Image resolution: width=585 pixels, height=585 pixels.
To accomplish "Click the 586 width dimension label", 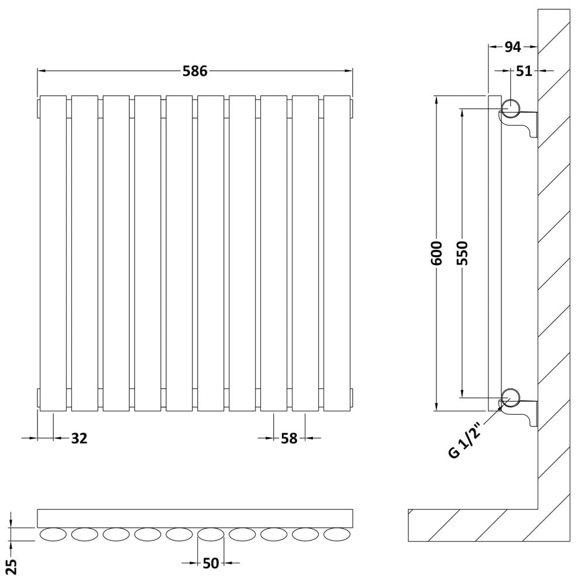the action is [x=195, y=71].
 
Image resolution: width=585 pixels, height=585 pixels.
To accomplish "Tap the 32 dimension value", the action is [x=79, y=438].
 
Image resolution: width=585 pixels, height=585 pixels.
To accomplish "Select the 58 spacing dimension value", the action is [x=289, y=438].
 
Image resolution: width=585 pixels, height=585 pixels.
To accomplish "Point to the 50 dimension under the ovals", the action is [x=211, y=563].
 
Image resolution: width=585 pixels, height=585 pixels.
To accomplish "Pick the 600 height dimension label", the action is [x=436, y=253].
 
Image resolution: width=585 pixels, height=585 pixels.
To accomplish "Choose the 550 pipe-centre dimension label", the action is [x=462, y=253].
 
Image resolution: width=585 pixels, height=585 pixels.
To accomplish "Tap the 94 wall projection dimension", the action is [x=512, y=47].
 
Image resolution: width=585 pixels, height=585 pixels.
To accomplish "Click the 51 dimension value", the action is [x=524, y=71].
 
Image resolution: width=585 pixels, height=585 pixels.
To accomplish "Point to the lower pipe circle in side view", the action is [x=510, y=398].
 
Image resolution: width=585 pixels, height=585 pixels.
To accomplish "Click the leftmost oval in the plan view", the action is [x=53, y=534].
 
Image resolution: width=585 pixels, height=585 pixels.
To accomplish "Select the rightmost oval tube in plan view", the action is [x=337, y=534].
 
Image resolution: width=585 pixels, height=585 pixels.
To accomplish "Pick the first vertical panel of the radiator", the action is [x=53, y=253].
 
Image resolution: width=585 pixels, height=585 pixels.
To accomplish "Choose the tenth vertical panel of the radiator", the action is [x=337, y=253].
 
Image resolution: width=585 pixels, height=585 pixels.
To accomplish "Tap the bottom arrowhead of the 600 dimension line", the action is [x=436, y=407].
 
